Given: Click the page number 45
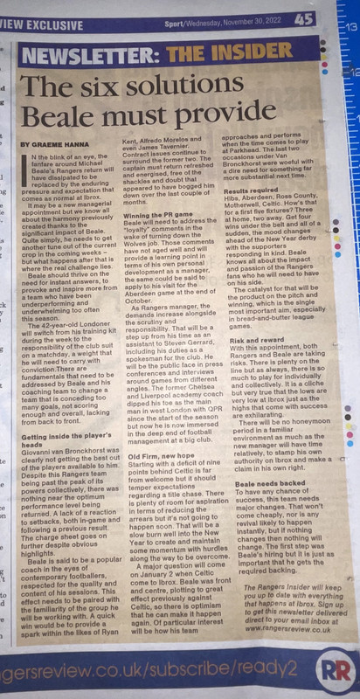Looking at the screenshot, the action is click(x=303, y=16).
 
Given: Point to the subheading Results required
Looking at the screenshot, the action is click(x=260, y=215).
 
